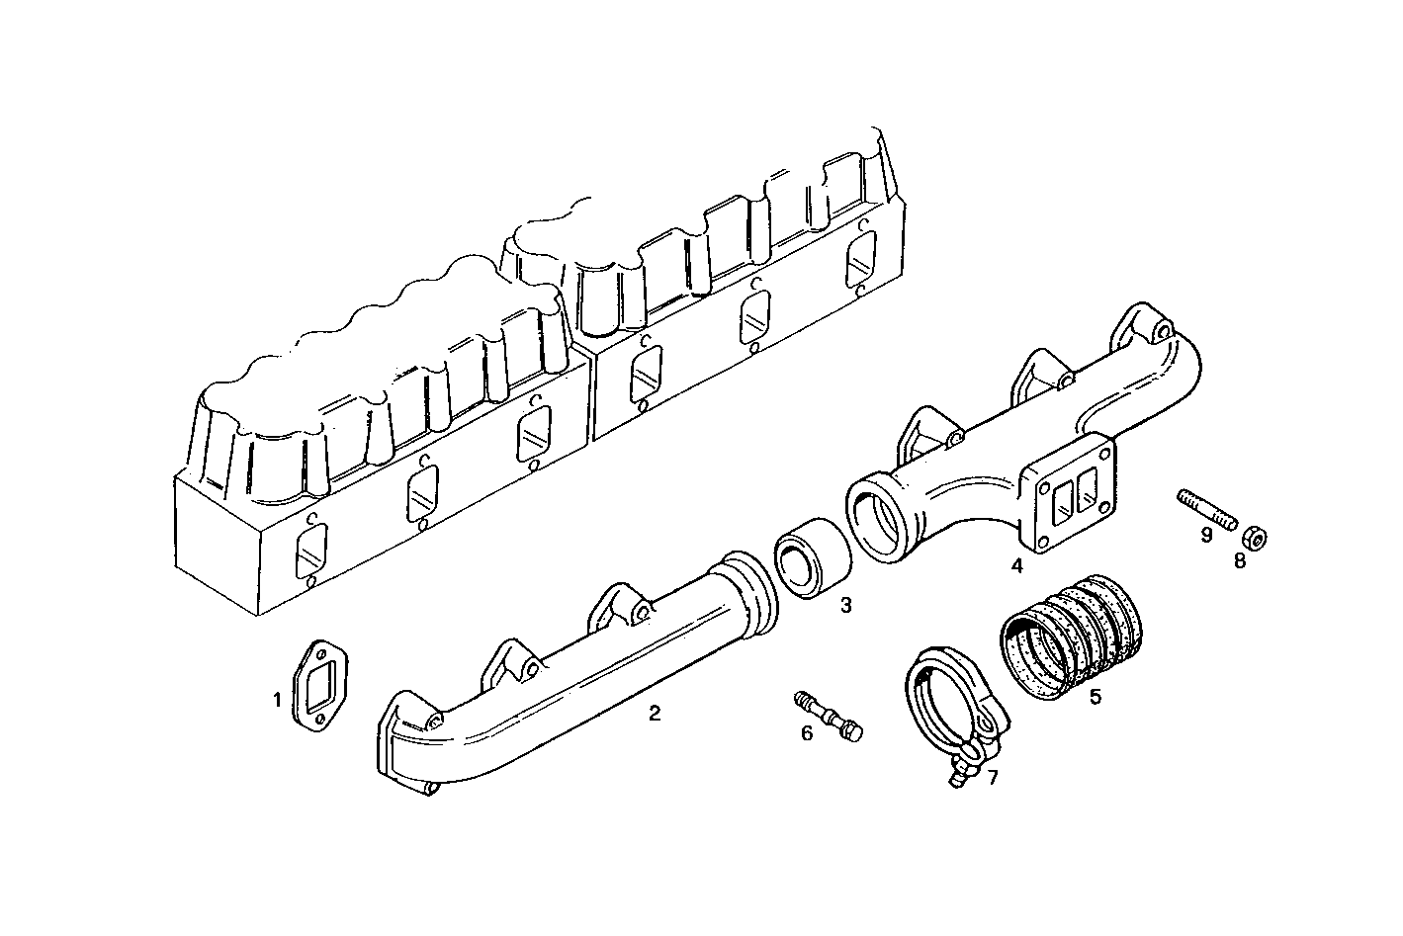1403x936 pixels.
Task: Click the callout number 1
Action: click(x=278, y=700)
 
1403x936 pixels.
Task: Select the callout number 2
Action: click(x=655, y=712)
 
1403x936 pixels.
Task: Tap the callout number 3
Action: click(x=846, y=605)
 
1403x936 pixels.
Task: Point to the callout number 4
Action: click(x=1016, y=566)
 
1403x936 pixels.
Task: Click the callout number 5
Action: click(x=1096, y=697)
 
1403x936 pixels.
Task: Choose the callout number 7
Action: click(x=993, y=778)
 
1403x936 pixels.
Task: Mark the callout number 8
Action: click(x=1240, y=561)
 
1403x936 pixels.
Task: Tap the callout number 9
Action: click(x=1206, y=535)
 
